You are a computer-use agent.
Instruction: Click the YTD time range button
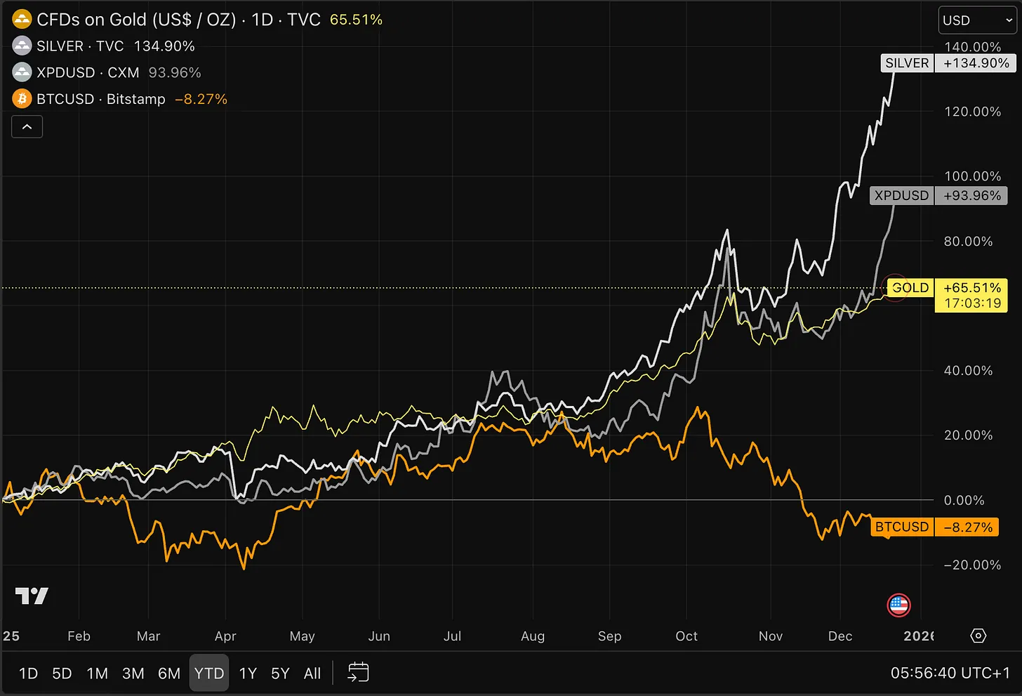click(x=209, y=673)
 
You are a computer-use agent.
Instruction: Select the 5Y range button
click(x=280, y=673)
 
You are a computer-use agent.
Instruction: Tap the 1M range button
click(x=97, y=673)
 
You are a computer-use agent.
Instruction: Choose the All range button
click(x=312, y=673)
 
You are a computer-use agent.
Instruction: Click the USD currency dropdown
click(x=976, y=20)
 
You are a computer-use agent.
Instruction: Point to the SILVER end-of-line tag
click(x=907, y=63)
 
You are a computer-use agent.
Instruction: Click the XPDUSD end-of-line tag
click(x=901, y=195)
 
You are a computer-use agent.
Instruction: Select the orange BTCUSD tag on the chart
click(x=902, y=527)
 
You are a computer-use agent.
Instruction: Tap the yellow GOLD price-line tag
click(x=910, y=288)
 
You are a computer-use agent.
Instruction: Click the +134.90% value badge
click(x=976, y=63)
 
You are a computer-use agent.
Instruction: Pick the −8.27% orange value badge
click(x=968, y=527)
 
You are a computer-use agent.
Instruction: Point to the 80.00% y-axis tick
click(x=968, y=241)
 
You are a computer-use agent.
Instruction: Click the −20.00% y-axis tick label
click(x=972, y=565)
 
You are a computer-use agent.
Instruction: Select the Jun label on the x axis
click(x=379, y=636)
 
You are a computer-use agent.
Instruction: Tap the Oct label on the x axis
click(x=686, y=636)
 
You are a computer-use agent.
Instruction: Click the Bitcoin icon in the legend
click(x=22, y=99)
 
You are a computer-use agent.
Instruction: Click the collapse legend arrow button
click(x=27, y=127)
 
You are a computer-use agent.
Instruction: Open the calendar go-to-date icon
click(x=358, y=672)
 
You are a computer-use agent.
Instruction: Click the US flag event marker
click(x=898, y=605)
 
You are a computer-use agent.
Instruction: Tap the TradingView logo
click(x=32, y=596)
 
